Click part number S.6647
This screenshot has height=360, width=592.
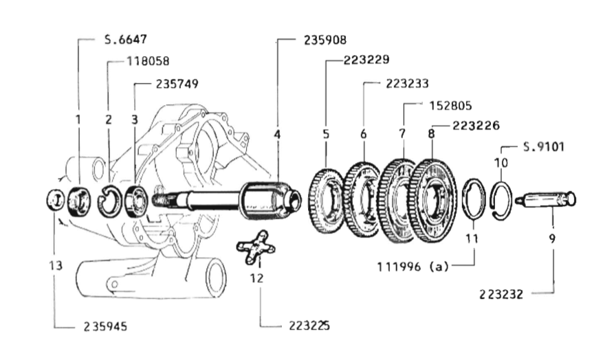click(x=125, y=39)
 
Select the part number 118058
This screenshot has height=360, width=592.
click(x=148, y=61)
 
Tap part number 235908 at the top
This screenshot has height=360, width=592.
click(x=325, y=40)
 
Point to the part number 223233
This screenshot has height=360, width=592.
click(x=407, y=83)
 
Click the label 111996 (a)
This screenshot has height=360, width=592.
click(x=413, y=267)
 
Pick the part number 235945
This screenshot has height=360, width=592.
click(x=105, y=326)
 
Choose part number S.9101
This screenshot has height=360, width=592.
click(x=544, y=146)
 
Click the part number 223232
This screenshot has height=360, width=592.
click(x=501, y=294)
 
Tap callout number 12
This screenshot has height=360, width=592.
click(x=256, y=278)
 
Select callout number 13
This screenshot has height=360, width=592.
click(x=56, y=266)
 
